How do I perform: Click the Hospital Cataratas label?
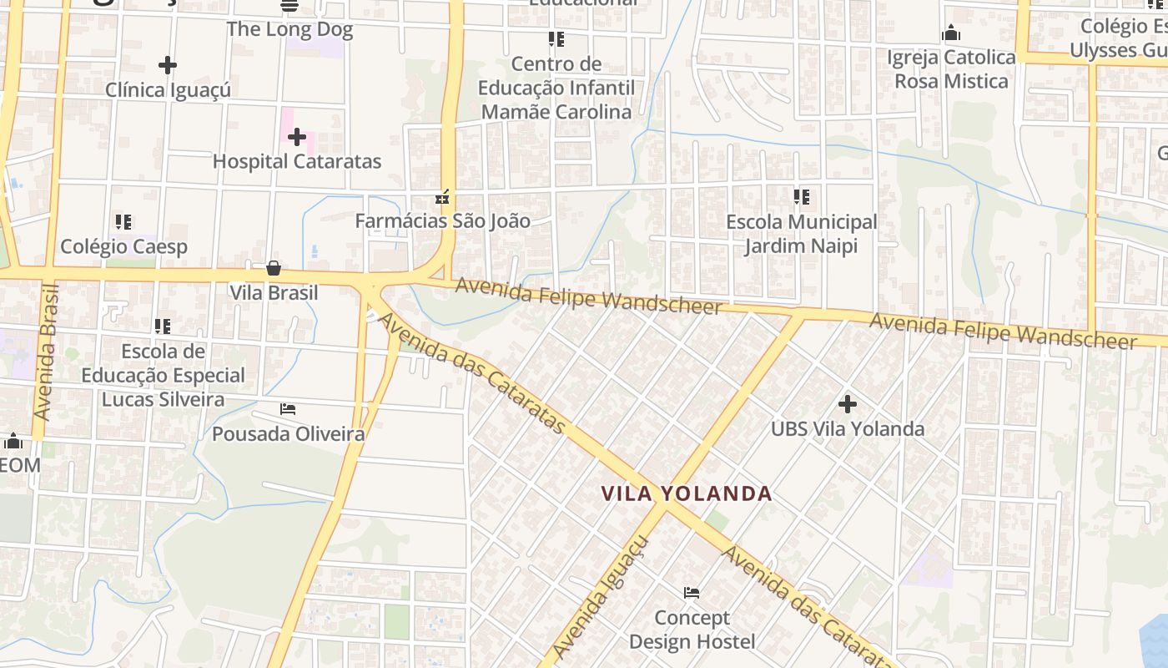[x=297, y=161]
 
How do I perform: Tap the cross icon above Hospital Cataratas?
[x=297, y=137]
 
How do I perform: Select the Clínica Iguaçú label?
[x=168, y=89]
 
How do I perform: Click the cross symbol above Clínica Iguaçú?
[x=168, y=65]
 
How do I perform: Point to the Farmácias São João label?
[x=442, y=221]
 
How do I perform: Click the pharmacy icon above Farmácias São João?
[x=442, y=198]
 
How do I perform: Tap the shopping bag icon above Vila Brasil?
[x=273, y=268]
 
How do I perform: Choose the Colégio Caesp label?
[x=123, y=246]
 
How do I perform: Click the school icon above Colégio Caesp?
[x=123, y=222]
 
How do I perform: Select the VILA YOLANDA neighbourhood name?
[x=687, y=493]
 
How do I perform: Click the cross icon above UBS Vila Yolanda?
[x=848, y=404]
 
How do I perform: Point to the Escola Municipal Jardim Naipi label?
[x=801, y=234]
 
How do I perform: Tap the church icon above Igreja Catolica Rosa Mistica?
[x=950, y=34]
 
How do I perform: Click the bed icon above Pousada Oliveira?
[x=288, y=409]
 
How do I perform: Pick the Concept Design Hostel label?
[x=692, y=630]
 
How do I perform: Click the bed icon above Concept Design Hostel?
[x=692, y=593]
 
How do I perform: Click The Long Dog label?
[x=289, y=30]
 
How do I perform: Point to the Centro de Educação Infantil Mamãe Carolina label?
[x=556, y=88]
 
